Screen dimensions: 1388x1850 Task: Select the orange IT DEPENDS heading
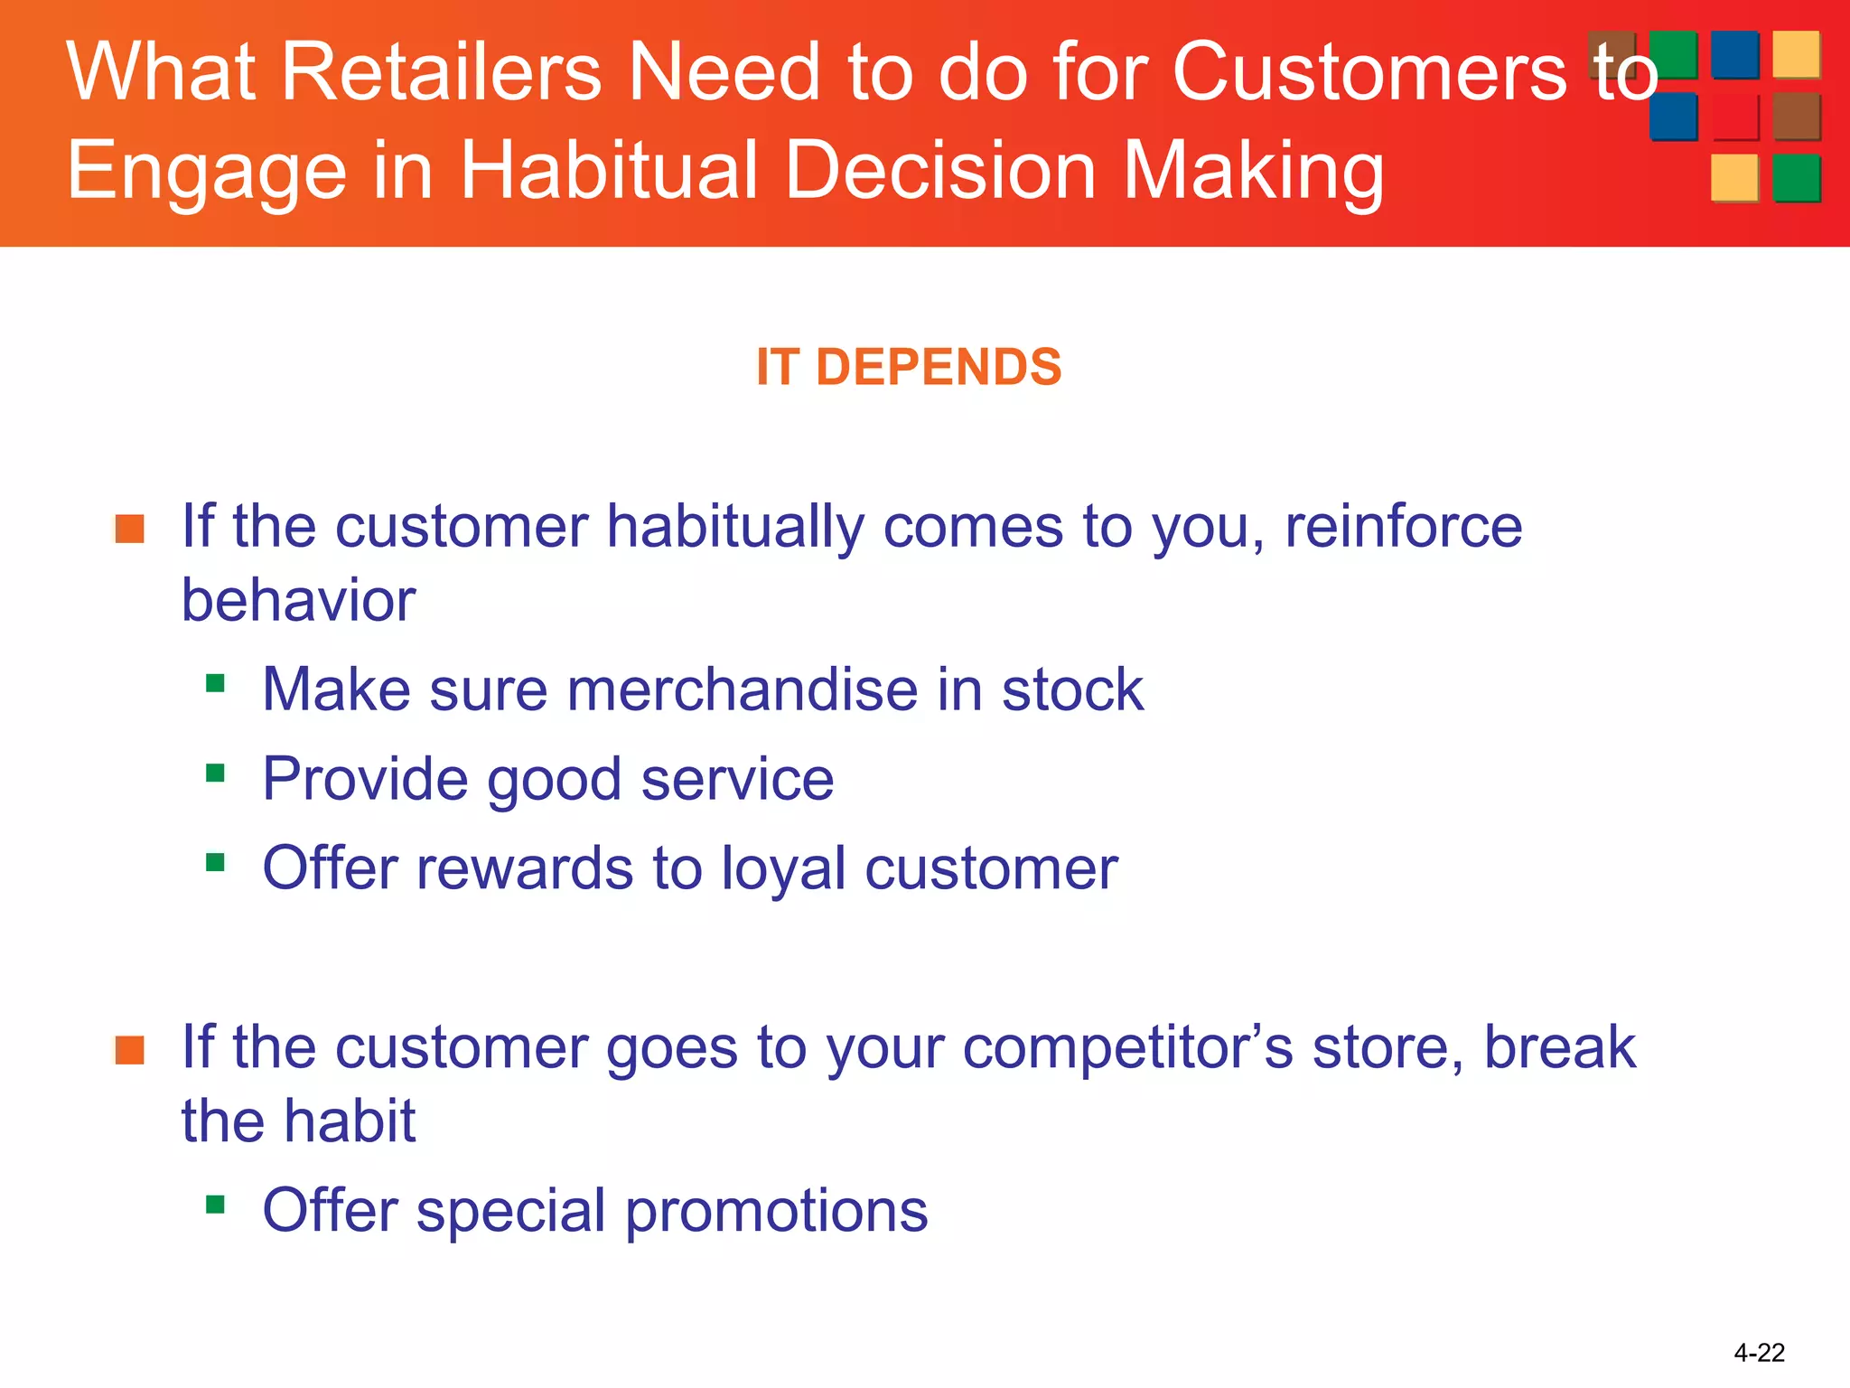[x=909, y=368]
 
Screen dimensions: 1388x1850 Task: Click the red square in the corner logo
[x=1734, y=117]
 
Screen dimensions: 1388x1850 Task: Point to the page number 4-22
[x=1759, y=1353]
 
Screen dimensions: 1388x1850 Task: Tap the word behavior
[x=298, y=601]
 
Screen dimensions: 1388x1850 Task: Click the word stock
[x=1072, y=690]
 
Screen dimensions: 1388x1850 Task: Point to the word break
[x=1559, y=1047]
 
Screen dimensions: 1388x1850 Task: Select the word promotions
[x=776, y=1211]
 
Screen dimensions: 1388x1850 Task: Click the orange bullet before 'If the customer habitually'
[x=130, y=529]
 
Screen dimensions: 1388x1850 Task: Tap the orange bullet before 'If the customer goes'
[x=130, y=1050]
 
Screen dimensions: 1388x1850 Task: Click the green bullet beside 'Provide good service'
[x=215, y=773]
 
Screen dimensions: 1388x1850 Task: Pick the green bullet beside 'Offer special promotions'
[x=215, y=1204]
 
